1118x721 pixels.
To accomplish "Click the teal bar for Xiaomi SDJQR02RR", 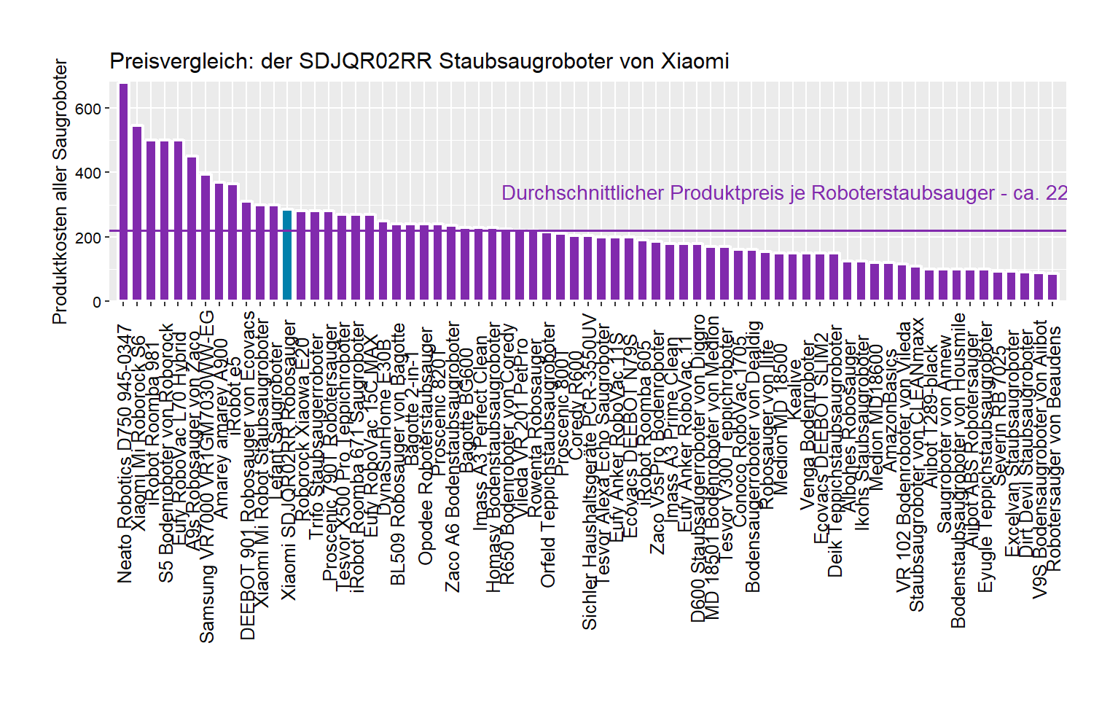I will click(x=287, y=255).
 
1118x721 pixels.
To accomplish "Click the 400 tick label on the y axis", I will click(x=88, y=174).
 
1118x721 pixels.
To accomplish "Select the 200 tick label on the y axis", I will click(x=88, y=238).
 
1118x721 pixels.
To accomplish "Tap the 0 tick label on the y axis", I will click(x=97, y=302).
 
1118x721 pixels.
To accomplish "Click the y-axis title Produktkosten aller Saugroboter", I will click(x=60, y=192).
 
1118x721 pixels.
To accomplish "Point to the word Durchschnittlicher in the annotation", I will click(x=582, y=193).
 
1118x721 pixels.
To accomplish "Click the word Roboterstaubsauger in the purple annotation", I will click(x=902, y=193).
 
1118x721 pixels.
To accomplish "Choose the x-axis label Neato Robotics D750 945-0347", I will click(x=125, y=453).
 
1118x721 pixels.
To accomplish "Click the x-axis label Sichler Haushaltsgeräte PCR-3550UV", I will click(x=590, y=472).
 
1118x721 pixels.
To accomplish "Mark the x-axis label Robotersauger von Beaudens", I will click(x=1054, y=448).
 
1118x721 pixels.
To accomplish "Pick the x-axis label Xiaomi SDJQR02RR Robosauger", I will click(x=289, y=459).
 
